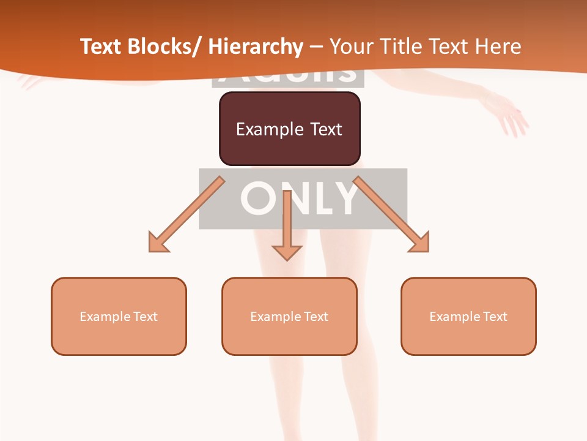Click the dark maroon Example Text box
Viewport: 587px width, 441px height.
[x=289, y=129]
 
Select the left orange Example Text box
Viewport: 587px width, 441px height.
[x=119, y=316]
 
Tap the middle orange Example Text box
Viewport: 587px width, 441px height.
[x=289, y=316]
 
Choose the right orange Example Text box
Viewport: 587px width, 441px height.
[x=468, y=316]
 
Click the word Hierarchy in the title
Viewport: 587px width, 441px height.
[x=256, y=47]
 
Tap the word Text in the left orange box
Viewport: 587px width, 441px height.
[x=145, y=317]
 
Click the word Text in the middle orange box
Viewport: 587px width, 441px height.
[x=316, y=317]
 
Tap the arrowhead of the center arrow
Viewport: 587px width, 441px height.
[x=287, y=251]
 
